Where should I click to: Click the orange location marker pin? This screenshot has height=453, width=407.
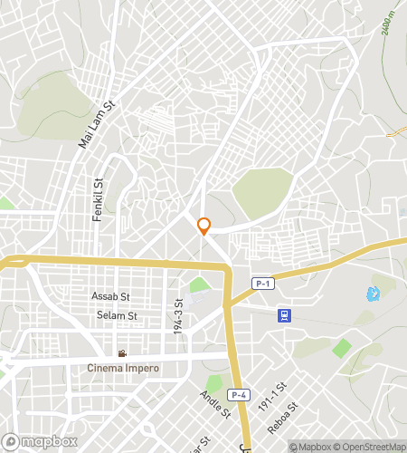click(204, 226)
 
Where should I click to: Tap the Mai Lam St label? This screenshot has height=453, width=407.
click(99, 126)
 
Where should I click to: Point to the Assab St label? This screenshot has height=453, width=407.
click(111, 296)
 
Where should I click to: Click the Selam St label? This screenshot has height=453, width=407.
click(117, 315)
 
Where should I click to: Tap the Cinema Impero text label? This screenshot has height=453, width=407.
click(123, 368)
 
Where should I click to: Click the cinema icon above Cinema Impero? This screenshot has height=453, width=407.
click(122, 353)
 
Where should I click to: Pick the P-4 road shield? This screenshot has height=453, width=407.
click(237, 394)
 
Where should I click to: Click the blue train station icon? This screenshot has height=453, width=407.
click(284, 314)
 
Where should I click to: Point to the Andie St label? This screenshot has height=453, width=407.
click(216, 404)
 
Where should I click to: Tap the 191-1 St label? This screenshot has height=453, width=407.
click(271, 396)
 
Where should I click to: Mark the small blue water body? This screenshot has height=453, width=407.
click(372, 294)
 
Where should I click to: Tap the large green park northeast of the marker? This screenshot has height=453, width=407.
click(262, 191)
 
